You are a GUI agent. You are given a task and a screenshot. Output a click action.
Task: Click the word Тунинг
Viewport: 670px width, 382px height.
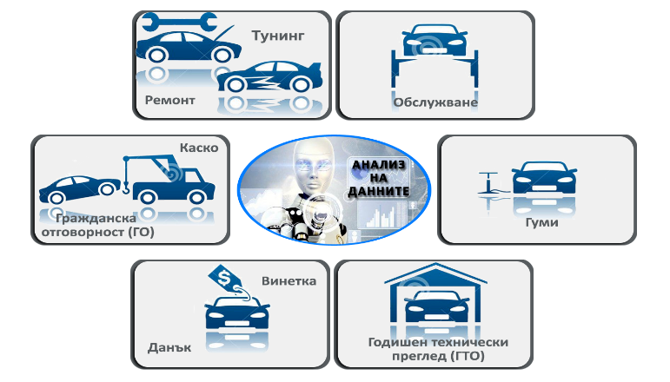278,36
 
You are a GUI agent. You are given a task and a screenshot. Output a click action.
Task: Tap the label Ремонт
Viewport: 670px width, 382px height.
170,101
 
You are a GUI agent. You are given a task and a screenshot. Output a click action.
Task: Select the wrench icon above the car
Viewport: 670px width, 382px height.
179,22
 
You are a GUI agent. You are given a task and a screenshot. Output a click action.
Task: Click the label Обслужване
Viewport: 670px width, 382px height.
435,102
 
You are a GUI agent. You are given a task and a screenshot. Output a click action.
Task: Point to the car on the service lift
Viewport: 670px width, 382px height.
435,40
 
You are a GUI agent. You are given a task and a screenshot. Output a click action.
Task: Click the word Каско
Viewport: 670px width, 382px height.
199,148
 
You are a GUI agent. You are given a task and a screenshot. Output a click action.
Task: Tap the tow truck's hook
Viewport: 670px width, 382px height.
126,187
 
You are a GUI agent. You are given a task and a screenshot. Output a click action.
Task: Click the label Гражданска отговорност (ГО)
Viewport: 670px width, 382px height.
98,226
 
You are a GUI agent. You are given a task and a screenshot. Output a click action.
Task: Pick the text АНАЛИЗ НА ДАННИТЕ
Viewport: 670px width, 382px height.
379,178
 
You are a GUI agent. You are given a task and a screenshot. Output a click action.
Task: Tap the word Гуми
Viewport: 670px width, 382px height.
541,222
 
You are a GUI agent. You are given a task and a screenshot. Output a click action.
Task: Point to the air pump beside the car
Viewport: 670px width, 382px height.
488,183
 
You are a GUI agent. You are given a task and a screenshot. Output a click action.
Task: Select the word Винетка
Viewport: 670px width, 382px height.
289,281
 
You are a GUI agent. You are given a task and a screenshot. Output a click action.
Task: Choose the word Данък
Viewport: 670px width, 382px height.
169,347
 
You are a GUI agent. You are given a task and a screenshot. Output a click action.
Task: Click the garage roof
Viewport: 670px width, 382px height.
435,273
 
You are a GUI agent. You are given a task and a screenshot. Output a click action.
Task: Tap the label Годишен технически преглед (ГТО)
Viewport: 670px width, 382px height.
438,349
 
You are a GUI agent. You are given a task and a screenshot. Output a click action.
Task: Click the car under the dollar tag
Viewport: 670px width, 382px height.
237,312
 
